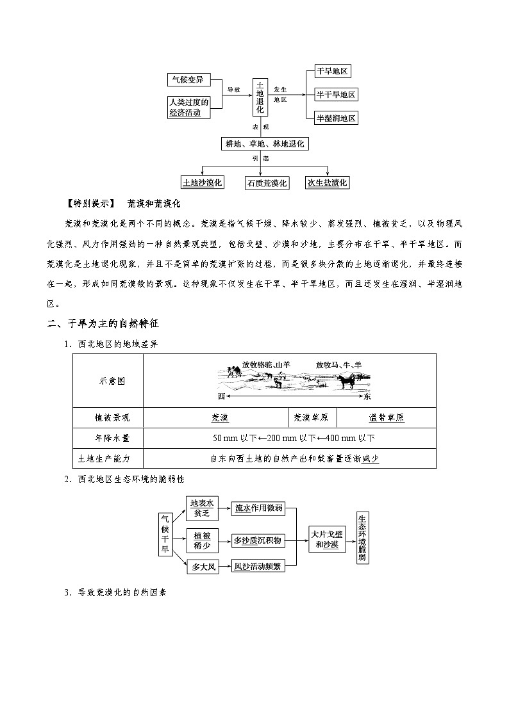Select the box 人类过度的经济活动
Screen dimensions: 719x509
coord(189,107)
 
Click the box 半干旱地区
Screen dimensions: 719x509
coord(336,95)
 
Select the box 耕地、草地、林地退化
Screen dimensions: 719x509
coord(263,145)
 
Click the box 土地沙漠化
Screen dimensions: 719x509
coord(202,182)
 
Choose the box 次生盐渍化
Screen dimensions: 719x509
coord(327,182)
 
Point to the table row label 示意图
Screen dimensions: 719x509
coord(108,380)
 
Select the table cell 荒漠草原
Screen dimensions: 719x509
coord(311,417)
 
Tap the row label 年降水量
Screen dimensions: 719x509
coord(108,438)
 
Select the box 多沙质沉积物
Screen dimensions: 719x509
coord(256,540)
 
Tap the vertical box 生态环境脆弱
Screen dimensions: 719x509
coord(362,537)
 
